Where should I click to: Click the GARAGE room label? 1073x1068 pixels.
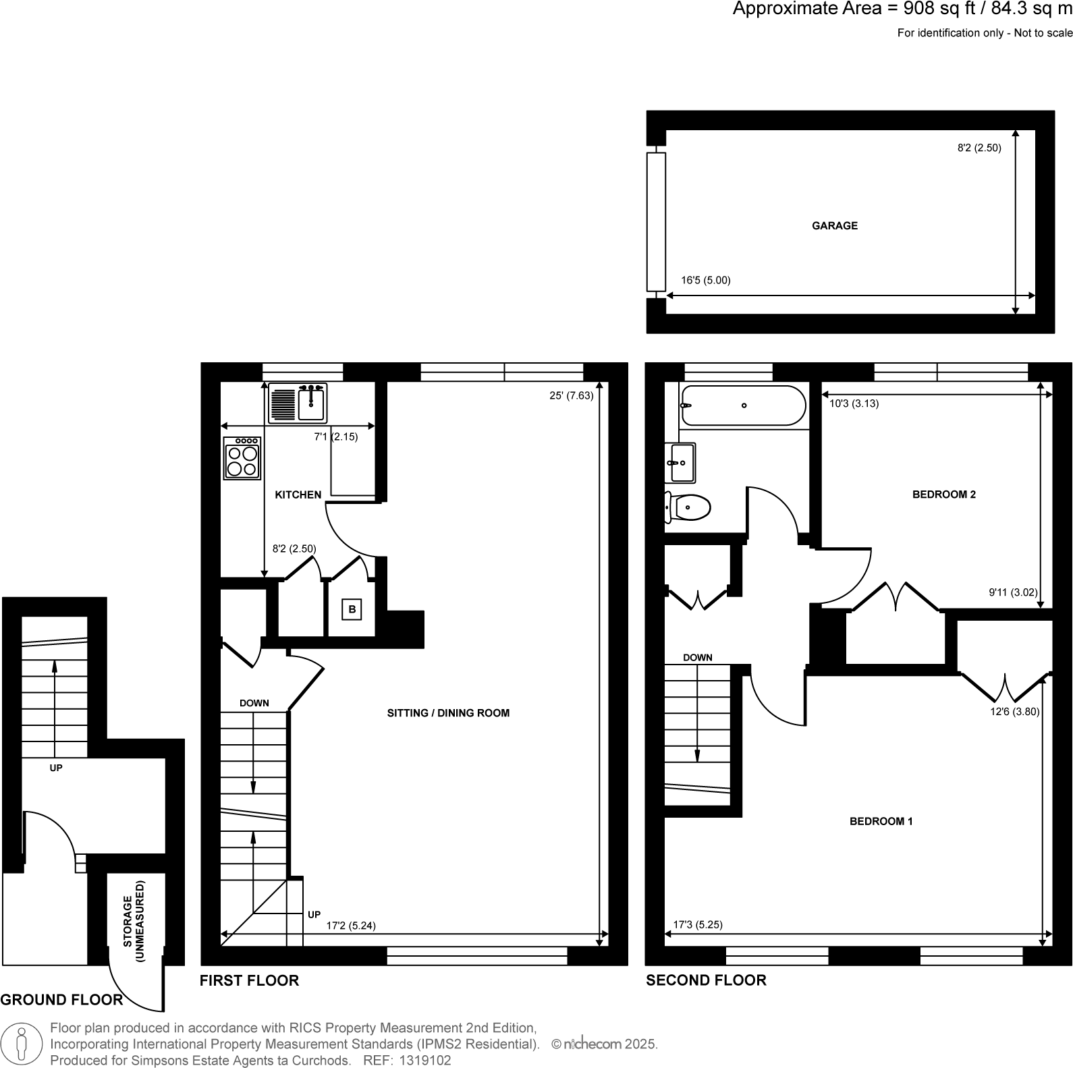coord(834,226)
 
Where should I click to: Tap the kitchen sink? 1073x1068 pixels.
coord(298,403)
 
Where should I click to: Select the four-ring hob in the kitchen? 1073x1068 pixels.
coord(242,458)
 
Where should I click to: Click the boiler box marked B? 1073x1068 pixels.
coord(352,610)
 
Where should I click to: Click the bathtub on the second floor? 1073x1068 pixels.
coord(743,405)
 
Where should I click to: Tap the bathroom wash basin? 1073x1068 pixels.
coord(680,463)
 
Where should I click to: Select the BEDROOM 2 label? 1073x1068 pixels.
coord(943,495)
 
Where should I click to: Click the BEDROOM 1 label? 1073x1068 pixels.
coord(881,822)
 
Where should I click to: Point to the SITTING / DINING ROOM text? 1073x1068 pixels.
coord(448,713)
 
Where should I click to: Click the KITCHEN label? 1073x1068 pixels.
coord(298,495)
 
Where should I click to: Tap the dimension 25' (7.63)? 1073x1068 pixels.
coord(571,396)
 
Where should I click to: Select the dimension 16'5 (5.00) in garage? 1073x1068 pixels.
coord(705,281)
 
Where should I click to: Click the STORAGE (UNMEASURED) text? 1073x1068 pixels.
coord(135,921)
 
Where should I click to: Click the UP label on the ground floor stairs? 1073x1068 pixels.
coord(56,768)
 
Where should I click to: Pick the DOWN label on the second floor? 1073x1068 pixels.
coord(697,658)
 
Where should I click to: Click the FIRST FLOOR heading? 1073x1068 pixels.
coord(249,981)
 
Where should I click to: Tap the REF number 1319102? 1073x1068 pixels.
coord(426,1061)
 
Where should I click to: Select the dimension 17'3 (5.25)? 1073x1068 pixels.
coord(697,925)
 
